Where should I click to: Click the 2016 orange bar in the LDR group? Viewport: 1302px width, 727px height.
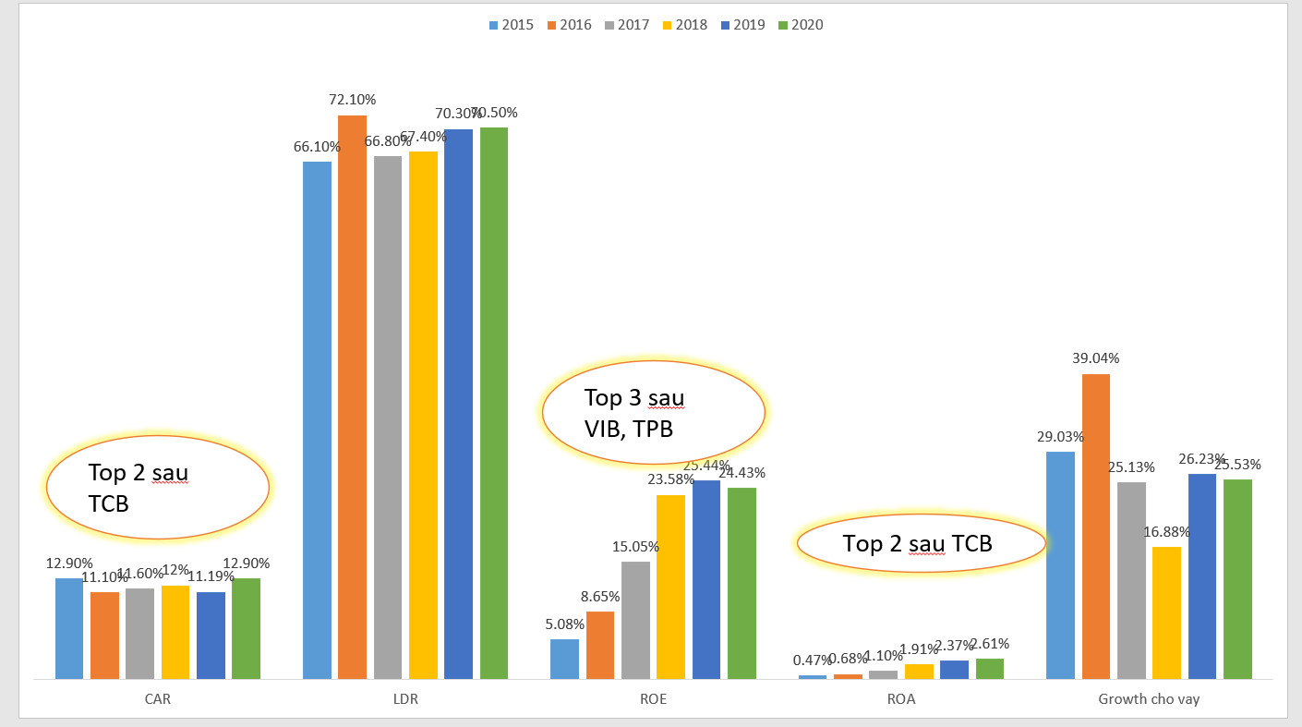(x=352, y=397)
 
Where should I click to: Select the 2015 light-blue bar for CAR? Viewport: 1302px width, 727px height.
(x=69, y=628)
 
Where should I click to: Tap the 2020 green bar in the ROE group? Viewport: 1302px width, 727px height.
(x=741, y=583)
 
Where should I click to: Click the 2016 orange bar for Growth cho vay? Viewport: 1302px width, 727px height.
(x=1095, y=527)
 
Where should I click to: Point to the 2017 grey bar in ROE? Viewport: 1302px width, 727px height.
(x=635, y=620)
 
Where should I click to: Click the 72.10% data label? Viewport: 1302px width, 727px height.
(x=353, y=100)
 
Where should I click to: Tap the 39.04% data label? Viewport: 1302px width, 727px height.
(x=1096, y=358)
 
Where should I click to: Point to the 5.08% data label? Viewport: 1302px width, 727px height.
(x=565, y=624)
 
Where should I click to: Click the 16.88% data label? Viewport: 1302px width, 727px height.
(x=1166, y=532)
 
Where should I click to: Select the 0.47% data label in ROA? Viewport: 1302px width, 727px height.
(x=812, y=660)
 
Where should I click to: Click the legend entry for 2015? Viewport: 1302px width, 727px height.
(x=512, y=25)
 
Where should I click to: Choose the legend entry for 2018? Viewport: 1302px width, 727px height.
(x=684, y=25)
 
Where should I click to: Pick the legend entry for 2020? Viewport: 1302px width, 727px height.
(x=800, y=25)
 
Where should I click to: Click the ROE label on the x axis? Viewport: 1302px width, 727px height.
(x=653, y=699)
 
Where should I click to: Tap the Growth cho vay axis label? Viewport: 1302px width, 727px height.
(x=1149, y=699)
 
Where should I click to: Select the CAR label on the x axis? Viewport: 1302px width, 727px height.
(x=158, y=699)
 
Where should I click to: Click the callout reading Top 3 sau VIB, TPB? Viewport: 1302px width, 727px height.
(x=653, y=412)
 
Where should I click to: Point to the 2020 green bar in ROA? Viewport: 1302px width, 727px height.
(x=990, y=669)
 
